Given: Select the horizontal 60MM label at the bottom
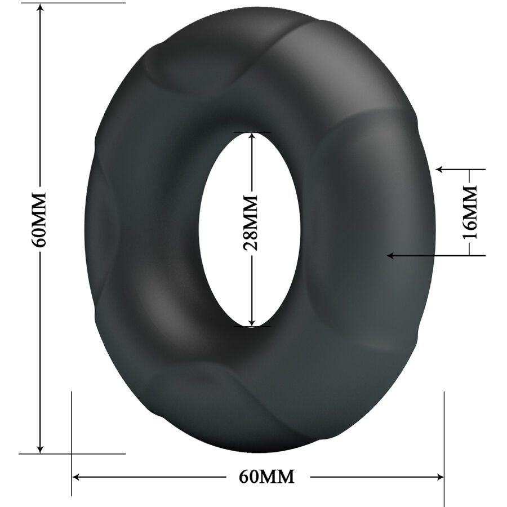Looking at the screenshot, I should (267, 477).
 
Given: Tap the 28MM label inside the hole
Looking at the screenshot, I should (251, 223).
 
